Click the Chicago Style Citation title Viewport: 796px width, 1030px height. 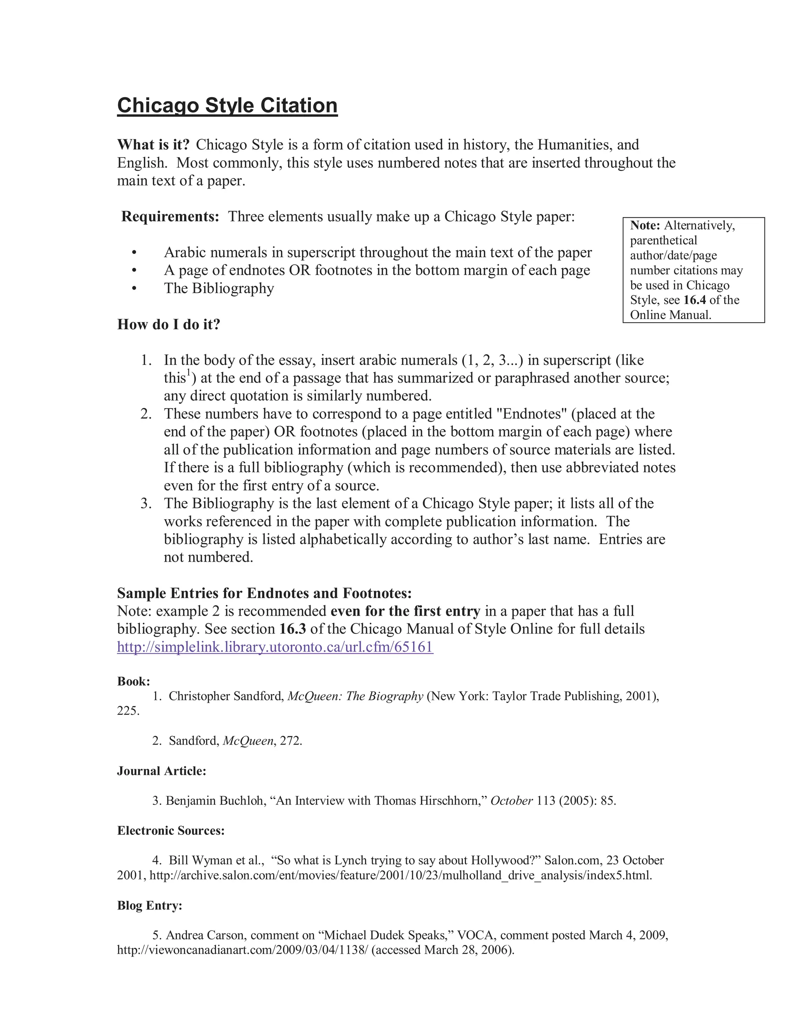(227, 105)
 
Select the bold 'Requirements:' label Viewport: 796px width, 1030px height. (170, 217)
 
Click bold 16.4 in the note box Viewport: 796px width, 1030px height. (695, 300)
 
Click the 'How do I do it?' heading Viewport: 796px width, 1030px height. (168, 325)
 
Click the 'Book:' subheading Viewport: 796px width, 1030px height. (133, 681)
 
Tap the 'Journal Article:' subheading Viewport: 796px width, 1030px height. (161, 771)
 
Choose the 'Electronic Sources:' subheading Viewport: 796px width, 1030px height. (171, 831)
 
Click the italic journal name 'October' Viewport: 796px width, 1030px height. (511, 801)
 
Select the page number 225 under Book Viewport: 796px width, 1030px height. (128, 711)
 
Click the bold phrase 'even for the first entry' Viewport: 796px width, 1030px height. (405, 611)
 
